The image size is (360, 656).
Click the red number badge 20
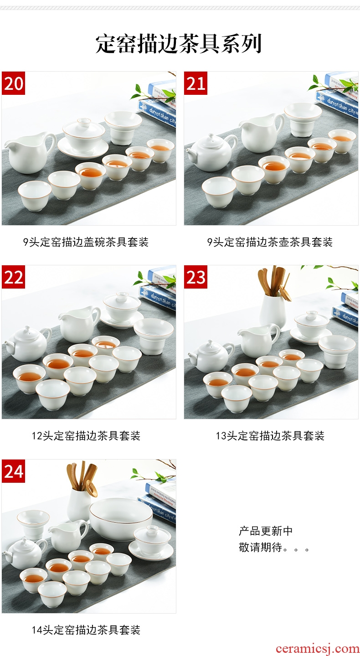[14, 83]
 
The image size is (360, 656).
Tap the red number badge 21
[195, 83]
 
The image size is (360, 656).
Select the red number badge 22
[14, 277]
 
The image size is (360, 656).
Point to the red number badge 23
[195, 277]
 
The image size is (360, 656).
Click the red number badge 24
[14, 471]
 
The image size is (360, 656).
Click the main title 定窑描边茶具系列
[179, 44]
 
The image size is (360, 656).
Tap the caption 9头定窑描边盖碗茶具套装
[86, 242]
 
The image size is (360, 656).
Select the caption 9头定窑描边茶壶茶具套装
[270, 242]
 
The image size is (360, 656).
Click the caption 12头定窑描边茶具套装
[86, 436]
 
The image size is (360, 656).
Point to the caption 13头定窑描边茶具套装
[270, 436]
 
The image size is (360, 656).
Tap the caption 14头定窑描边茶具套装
[86, 630]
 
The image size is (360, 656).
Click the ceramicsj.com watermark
[318, 648]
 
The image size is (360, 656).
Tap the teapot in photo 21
[211, 152]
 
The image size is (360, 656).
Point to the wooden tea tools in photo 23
[274, 283]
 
